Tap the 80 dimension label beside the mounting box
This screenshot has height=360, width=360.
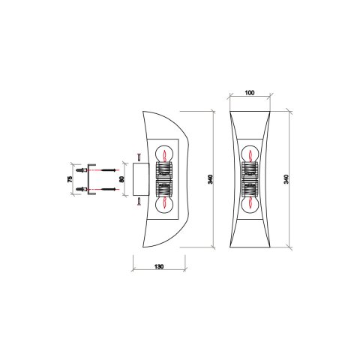coord(122,181)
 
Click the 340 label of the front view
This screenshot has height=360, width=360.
coord(286,181)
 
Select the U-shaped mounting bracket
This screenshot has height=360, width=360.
coord(91,181)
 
